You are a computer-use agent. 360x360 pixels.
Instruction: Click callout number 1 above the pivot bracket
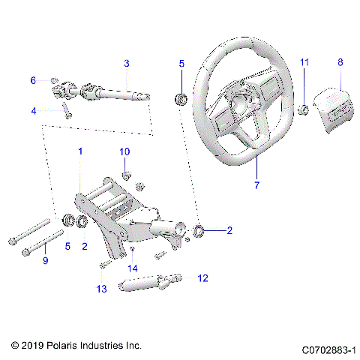(80, 151)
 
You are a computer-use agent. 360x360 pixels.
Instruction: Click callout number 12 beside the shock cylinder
(202, 277)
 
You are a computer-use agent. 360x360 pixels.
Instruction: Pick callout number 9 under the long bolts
(45, 260)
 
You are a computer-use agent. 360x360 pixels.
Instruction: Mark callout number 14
(133, 268)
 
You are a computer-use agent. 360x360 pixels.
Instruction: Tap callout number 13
(101, 289)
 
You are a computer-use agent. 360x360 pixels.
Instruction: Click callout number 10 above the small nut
(124, 151)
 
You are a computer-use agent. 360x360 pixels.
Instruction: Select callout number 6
(33, 80)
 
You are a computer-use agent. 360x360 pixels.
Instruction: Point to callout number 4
(33, 112)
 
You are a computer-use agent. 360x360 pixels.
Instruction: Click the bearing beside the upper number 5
(180, 98)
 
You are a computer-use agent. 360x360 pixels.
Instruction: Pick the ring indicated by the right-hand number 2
(199, 230)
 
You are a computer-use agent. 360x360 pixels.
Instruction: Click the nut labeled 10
(127, 176)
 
